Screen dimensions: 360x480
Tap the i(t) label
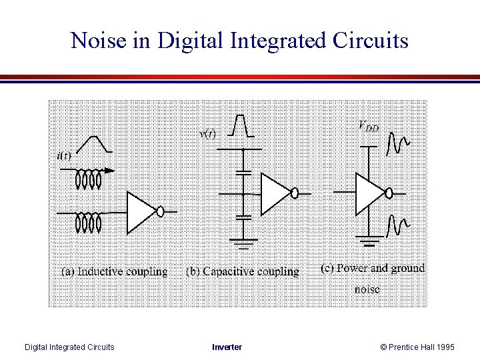click(x=64, y=156)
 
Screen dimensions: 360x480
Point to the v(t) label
click(x=207, y=133)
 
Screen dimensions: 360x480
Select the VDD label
click(x=369, y=125)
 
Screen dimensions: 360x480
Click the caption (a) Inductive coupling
click(x=114, y=271)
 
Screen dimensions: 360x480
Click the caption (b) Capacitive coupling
click(x=242, y=271)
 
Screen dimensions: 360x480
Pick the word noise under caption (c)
click(x=367, y=289)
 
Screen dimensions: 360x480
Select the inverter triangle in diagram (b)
click(x=274, y=193)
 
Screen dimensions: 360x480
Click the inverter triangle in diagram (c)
click(x=369, y=193)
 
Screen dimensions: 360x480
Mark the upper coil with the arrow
click(x=88, y=178)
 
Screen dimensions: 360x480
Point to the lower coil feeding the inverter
click(x=88, y=221)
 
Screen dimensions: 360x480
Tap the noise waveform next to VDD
click(x=398, y=141)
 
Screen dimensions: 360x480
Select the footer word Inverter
click(x=227, y=347)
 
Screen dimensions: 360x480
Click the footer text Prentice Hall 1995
click(x=422, y=347)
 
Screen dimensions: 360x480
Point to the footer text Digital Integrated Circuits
click(x=69, y=347)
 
